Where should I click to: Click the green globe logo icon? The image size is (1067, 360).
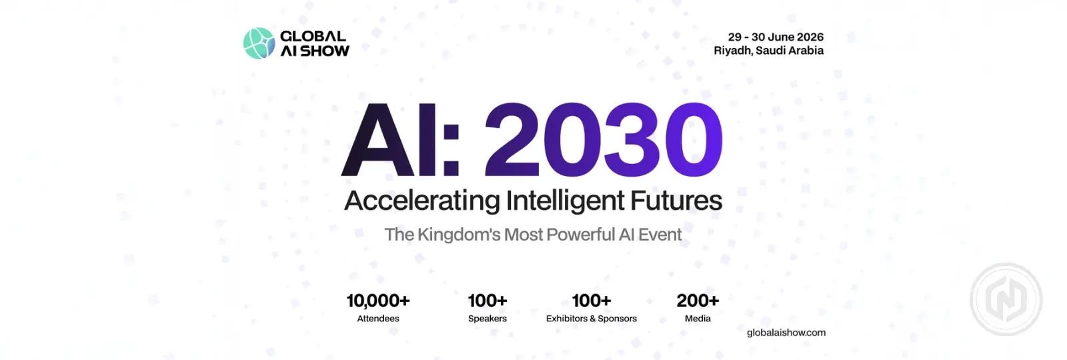pyautogui.click(x=259, y=43)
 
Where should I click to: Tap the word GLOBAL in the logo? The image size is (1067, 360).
pyautogui.click(x=313, y=36)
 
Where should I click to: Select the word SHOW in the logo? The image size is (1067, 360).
pyautogui.click(x=325, y=51)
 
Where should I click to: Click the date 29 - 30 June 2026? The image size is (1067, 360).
pyautogui.click(x=776, y=37)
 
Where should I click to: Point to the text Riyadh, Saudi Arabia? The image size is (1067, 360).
pyautogui.click(x=768, y=51)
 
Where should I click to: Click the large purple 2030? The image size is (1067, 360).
pyautogui.click(x=604, y=140)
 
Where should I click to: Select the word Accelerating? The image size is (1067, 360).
pyautogui.click(x=422, y=201)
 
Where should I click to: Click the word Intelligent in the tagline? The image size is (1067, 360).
pyautogui.click(x=565, y=201)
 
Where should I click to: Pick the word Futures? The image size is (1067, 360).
pyautogui.click(x=676, y=201)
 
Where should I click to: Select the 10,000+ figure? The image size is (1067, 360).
pyautogui.click(x=377, y=301)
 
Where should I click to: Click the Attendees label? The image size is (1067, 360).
pyautogui.click(x=378, y=319)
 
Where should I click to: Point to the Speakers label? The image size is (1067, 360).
pyautogui.click(x=487, y=319)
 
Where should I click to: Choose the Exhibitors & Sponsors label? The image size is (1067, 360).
pyautogui.click(x=591, y=319)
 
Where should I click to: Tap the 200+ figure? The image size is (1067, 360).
pyautogui.click(x=698, y=301)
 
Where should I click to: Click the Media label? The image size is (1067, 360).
pyautogui.click(x=698, y=319)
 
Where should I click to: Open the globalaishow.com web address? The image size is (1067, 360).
pyautogui.click(x=786, y=333)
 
